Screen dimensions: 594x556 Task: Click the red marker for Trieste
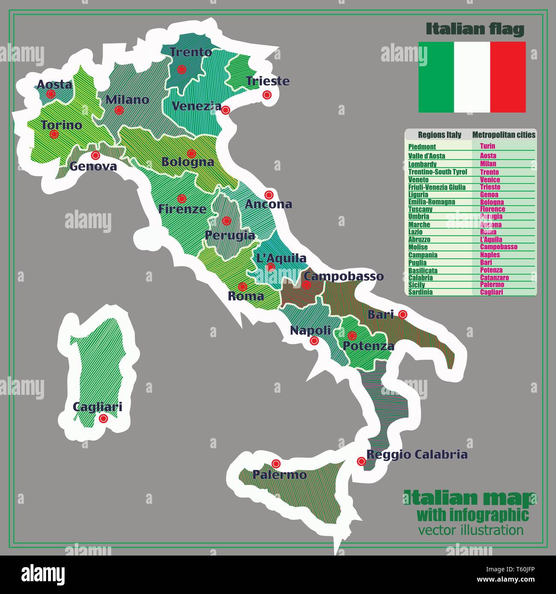[267, 94]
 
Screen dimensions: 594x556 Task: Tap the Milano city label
[127, 100]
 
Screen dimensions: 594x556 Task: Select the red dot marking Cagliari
[103, 419]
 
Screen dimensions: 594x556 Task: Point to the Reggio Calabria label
[417, 454]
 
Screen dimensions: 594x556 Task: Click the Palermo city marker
[276, 463]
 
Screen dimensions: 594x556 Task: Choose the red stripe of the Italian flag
[508, 77]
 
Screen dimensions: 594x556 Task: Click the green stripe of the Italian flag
[436, 77]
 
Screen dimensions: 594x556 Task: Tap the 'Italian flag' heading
[475, 29]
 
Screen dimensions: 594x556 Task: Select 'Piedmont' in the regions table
[422, 147]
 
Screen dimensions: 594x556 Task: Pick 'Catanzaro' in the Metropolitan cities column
[494, 278]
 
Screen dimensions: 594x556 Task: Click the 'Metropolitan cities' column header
[503, 135]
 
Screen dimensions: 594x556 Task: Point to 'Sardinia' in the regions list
[420, 292]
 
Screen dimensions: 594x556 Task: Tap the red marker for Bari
[402, 315]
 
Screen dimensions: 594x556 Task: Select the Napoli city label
[311, 330]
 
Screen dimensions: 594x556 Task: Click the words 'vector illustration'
[471, 530]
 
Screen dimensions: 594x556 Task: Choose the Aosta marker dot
[51, 94]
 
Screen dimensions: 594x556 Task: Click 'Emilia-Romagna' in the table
[432, 202]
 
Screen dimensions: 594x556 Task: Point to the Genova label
[93, 166]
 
